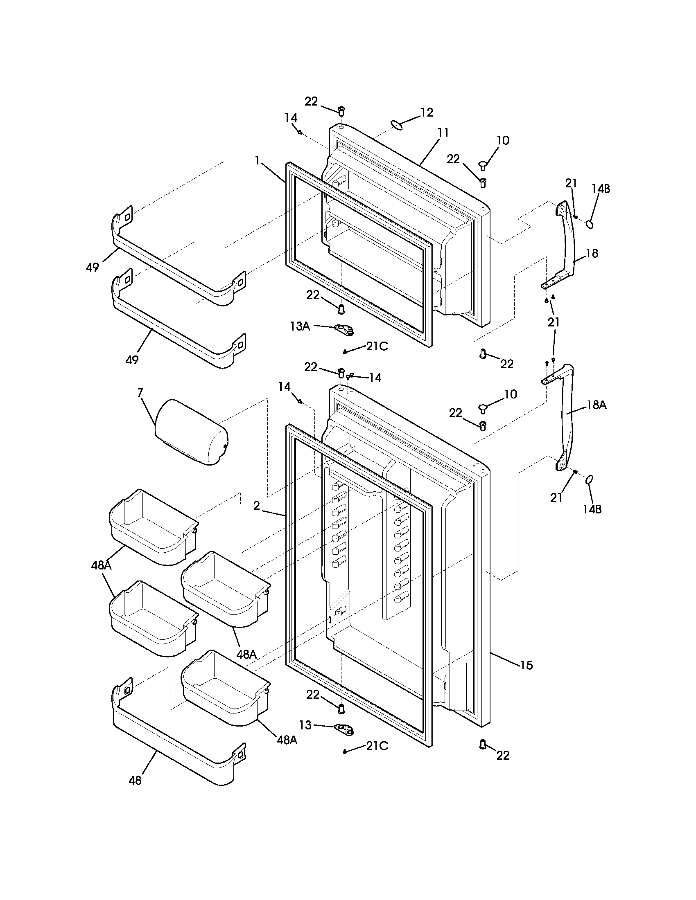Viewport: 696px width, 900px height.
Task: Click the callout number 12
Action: [x=427, y=112]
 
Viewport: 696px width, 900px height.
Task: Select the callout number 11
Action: [x=443, y=133]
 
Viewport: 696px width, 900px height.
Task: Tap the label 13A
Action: [x=300, y=326]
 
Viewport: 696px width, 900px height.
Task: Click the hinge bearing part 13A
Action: [x=345, y=329]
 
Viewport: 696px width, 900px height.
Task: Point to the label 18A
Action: [x=597, y=405]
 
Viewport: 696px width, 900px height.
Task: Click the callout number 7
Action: [x=140, y=393]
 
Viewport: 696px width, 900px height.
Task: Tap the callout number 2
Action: [x=256, y=506]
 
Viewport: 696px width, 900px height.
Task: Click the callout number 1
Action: [x=257, y=160]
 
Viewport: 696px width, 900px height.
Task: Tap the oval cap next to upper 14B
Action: [x=590, y=224]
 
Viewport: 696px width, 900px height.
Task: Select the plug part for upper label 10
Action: [x=483, y=165]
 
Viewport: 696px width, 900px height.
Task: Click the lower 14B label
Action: [x=592, y=509]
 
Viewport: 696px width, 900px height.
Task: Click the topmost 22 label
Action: [x=311, y=101]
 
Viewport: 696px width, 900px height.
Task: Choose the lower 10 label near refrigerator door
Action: [x=511, y=394]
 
